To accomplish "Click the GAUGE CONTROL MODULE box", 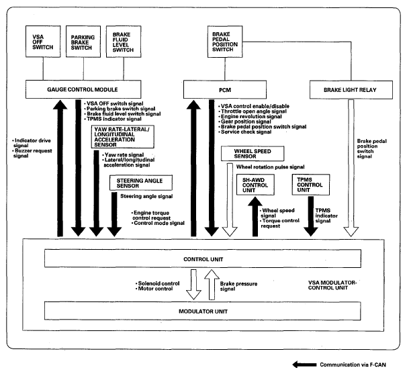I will coord(92,88).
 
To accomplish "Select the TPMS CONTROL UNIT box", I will coord(310,185).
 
